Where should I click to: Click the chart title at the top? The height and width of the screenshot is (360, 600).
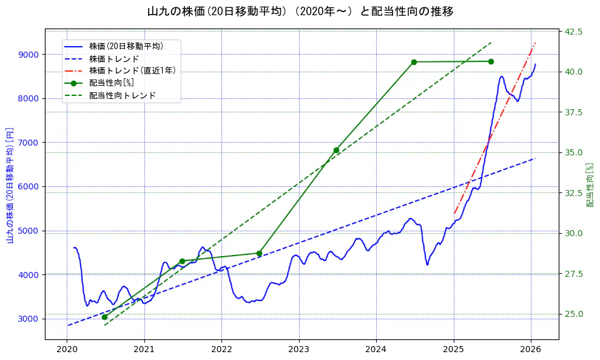tap(300, 12)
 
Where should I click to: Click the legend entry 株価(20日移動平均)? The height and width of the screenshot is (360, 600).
tap(126, 46)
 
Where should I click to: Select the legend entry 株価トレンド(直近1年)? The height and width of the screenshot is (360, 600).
tap(132, 70)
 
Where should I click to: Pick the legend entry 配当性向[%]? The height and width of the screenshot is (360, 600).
tap(111, 83)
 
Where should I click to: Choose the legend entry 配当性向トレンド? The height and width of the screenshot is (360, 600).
tap(122, 95)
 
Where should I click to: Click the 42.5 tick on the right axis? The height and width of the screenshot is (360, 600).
tap(574, 32)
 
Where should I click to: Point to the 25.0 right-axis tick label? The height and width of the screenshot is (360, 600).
tap(574, 314)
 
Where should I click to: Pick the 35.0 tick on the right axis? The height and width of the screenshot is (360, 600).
tap(574, 152)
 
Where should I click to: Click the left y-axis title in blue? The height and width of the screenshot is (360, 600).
tap(10, 185)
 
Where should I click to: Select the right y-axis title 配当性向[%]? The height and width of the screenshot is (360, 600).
tap(588, 185)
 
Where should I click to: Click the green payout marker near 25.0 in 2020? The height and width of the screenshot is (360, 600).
tap(104, 317)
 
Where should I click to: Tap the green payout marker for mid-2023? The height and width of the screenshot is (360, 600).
tap(336, 150)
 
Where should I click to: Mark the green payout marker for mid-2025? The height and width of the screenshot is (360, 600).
tap(491, 61)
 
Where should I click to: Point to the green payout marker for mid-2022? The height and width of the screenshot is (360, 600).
tap(259, 253)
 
